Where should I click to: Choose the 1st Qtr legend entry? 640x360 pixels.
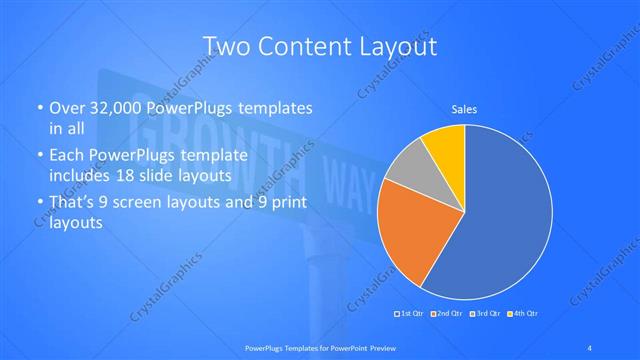411,314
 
